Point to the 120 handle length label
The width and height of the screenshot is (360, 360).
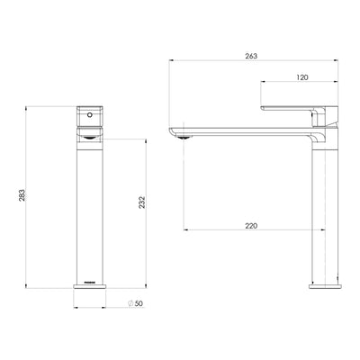point(301,78)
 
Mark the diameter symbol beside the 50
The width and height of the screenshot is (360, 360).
point(130,303)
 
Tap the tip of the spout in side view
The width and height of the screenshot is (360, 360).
point(170,131)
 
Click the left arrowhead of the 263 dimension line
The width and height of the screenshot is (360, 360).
point(171,61)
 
